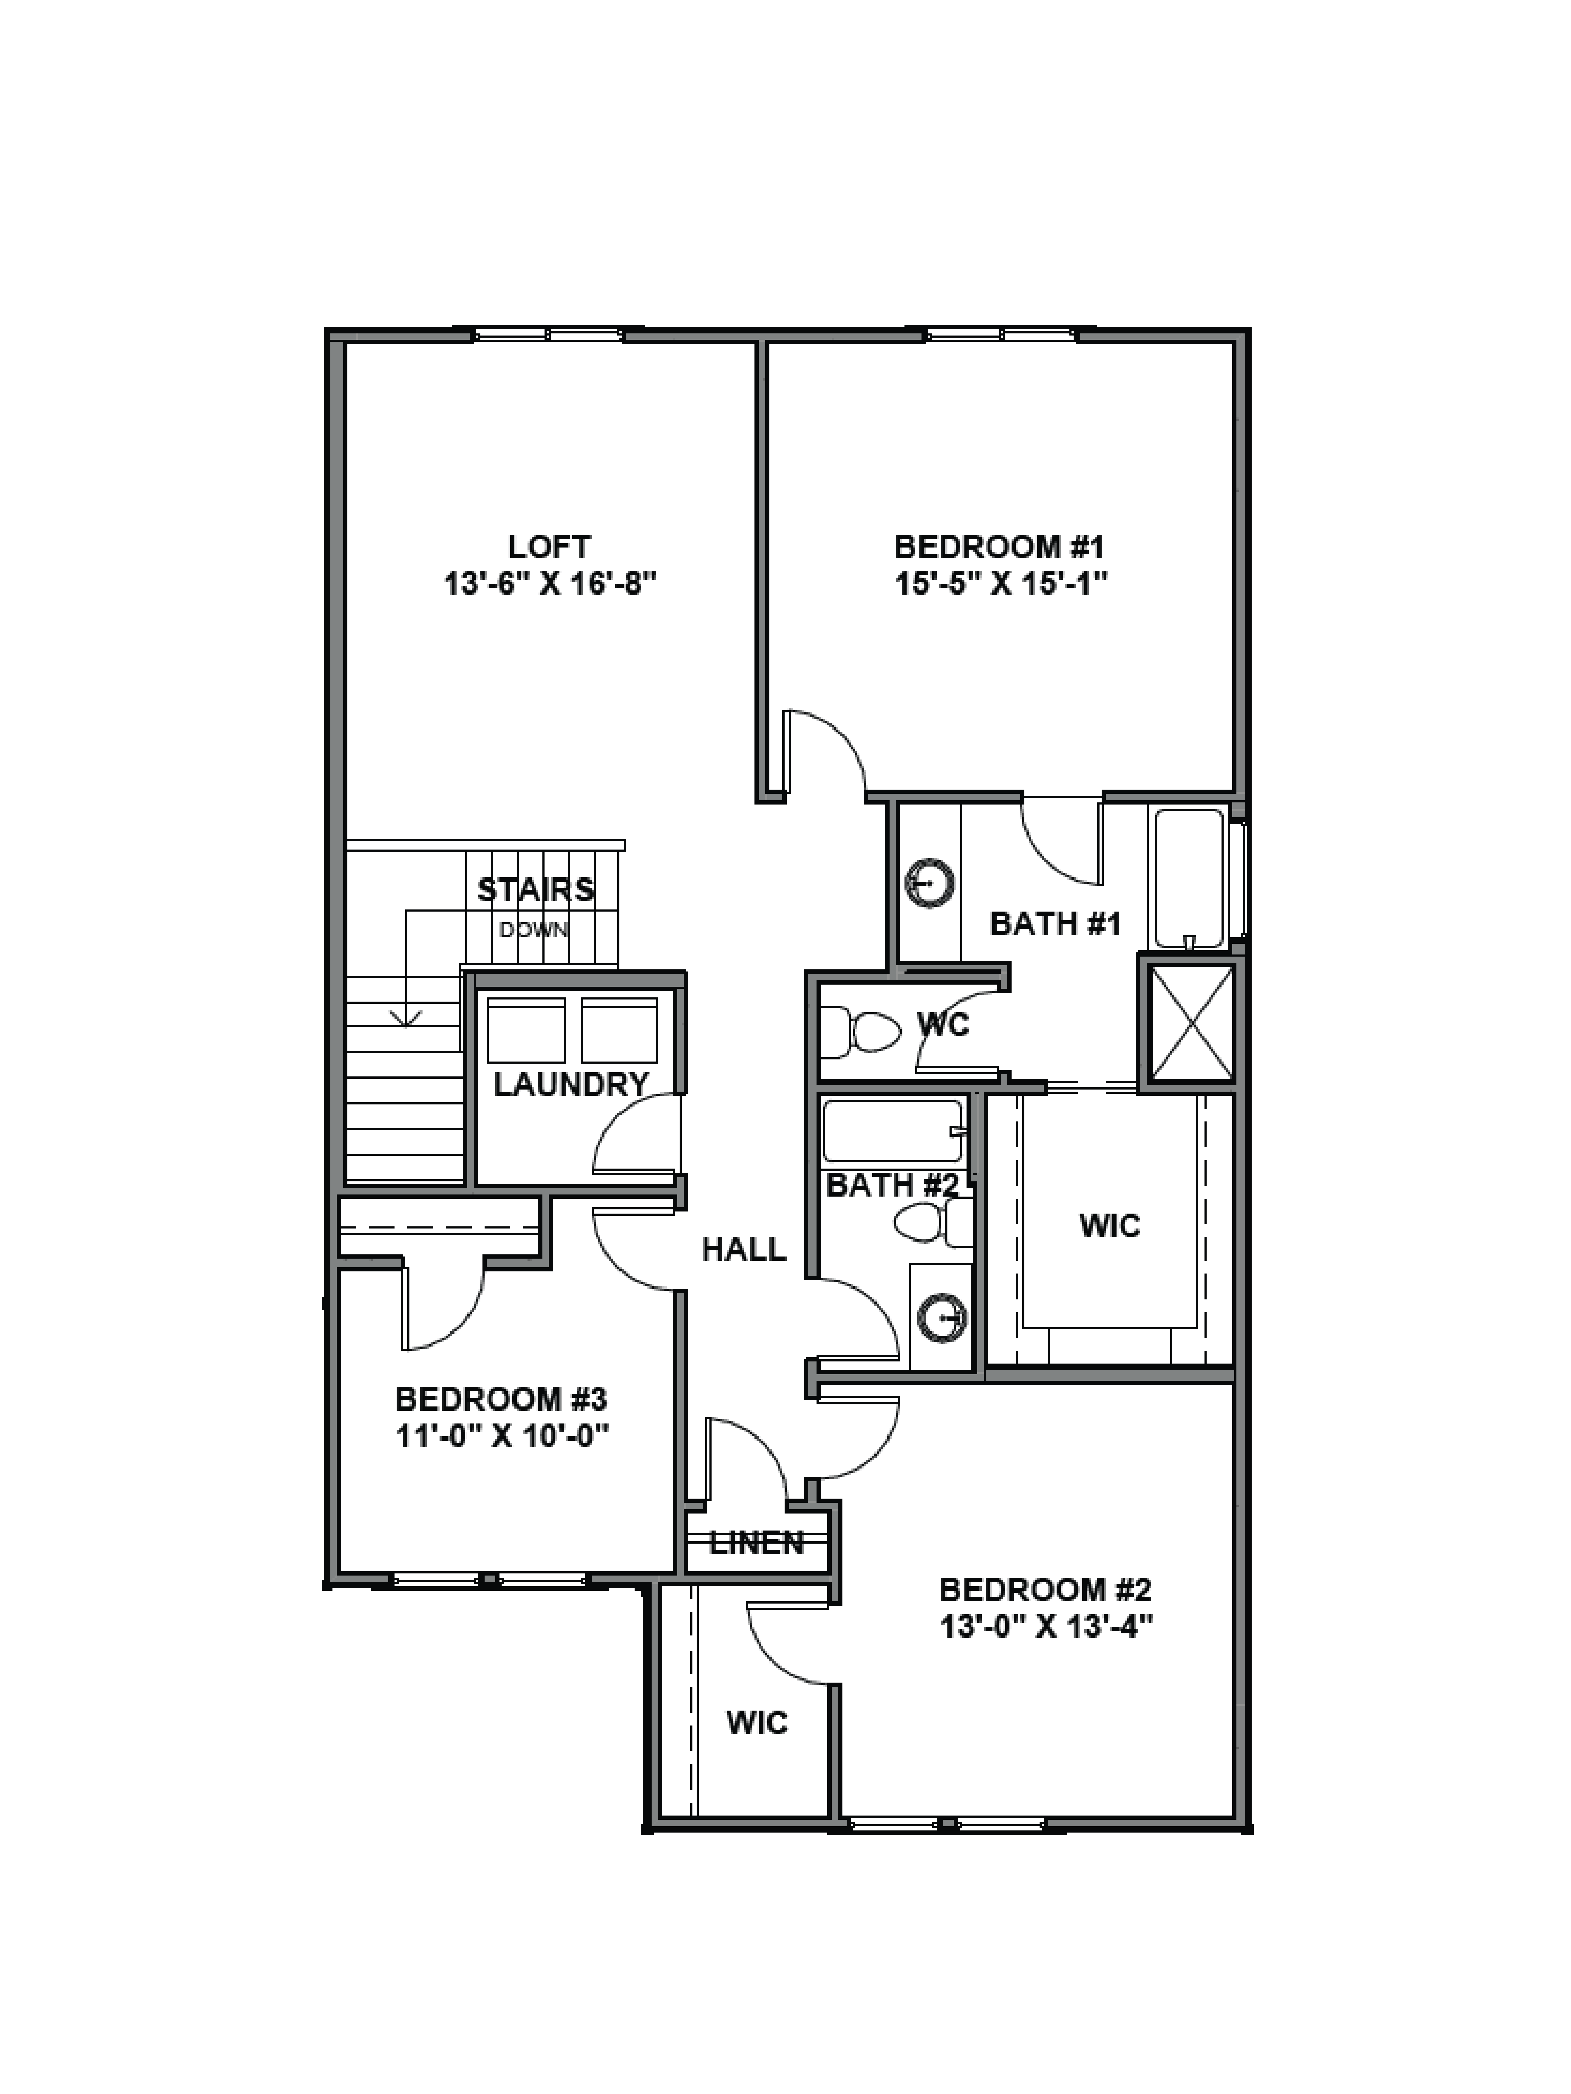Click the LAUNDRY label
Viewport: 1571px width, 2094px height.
click(571, 1084)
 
